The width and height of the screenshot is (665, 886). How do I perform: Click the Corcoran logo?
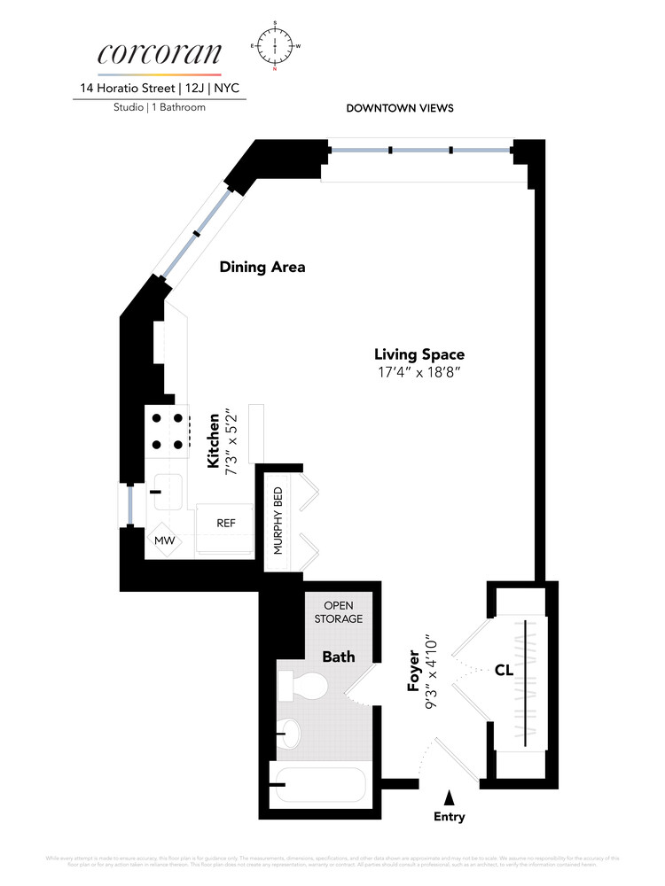(160, 53)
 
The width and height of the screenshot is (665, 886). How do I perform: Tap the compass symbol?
(276, 44)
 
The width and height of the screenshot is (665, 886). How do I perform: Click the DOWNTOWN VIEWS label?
(399, 108)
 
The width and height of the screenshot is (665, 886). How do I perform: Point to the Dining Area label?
(262, 267)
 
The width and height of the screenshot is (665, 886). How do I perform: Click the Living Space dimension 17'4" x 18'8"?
(419, 372)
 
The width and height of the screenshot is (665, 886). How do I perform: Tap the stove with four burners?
(167, 431)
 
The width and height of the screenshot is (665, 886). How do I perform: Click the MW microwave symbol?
(164, 540)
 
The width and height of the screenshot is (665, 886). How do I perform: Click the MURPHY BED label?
(278, 520)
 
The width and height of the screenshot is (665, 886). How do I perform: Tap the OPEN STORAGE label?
(338, 612)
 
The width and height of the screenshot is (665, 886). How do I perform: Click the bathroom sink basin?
(290, 732)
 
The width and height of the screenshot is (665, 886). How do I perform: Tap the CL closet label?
(504, 671)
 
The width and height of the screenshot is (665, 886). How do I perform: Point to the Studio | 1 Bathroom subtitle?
(160, 107)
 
